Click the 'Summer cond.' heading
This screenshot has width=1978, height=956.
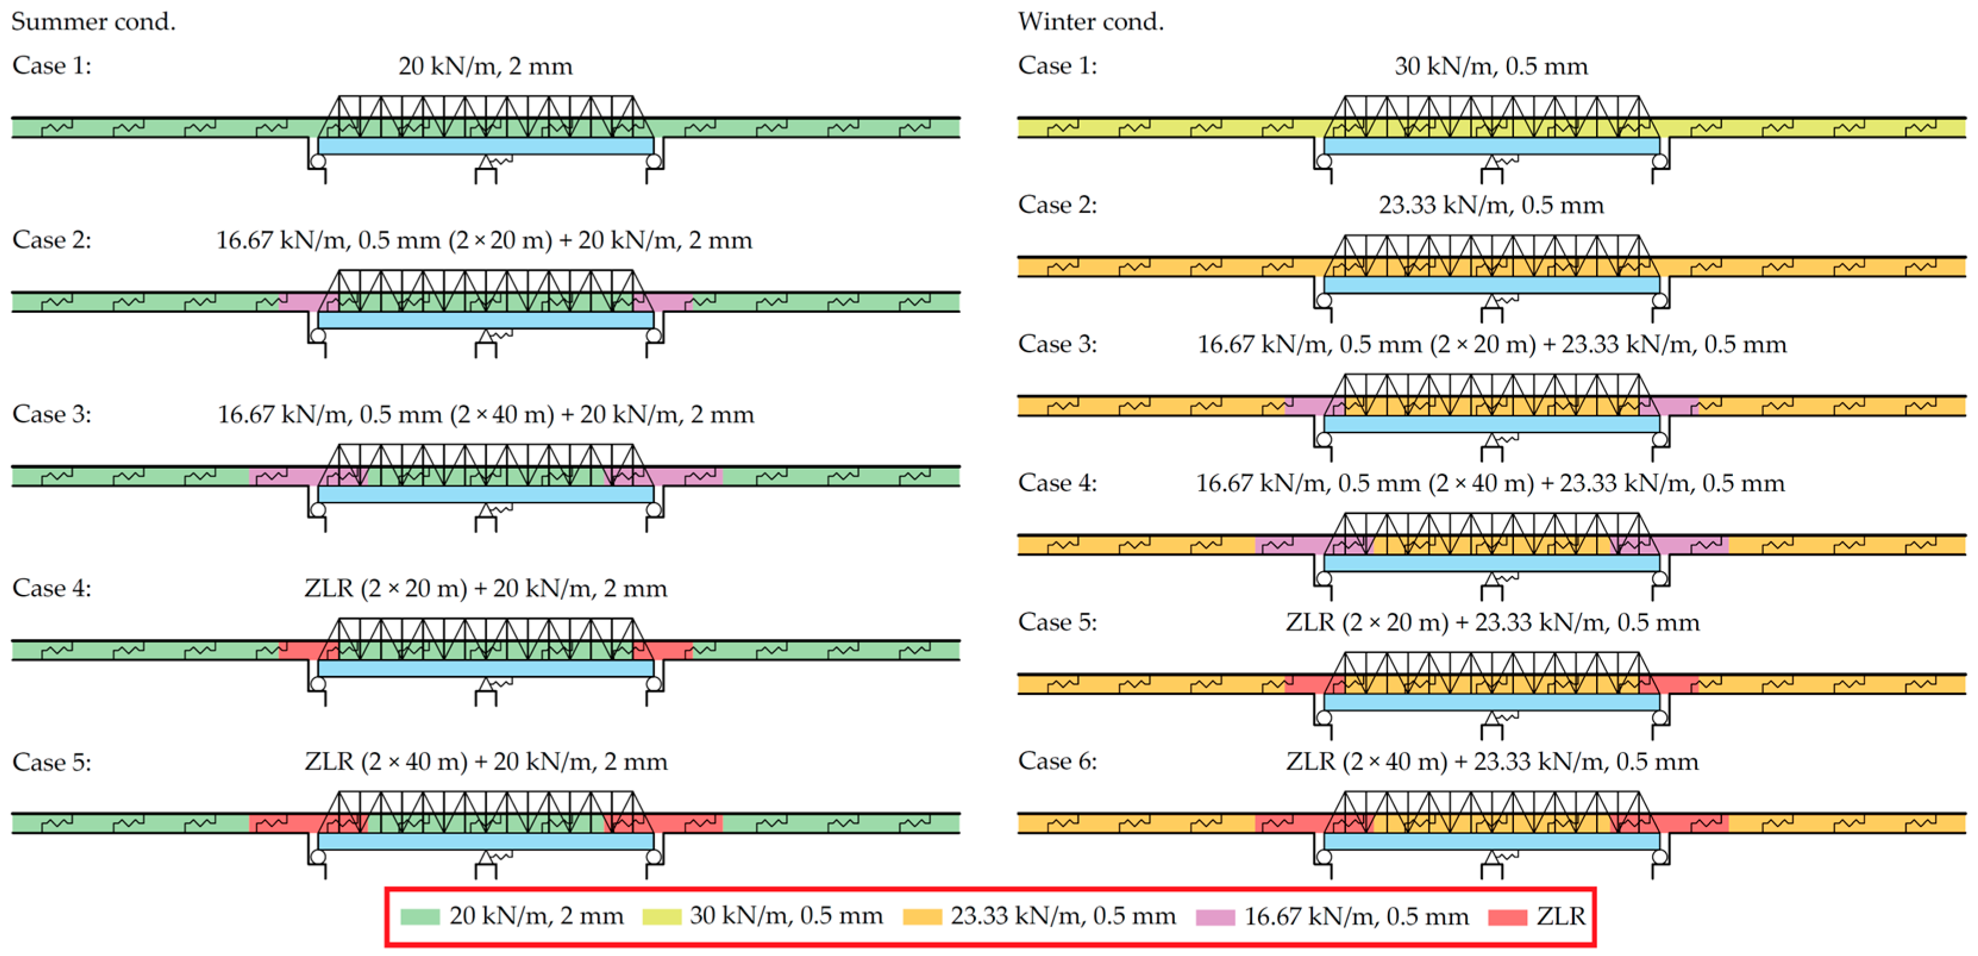pos(93,21)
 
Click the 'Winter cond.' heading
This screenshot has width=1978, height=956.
pos(1090,21)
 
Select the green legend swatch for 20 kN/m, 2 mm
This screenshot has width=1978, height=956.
pos(419,916)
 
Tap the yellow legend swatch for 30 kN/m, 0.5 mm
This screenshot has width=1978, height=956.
pos(661,916)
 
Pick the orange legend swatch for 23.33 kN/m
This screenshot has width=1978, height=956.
pos(921,916)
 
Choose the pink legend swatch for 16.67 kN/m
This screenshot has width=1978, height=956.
pos(1215,916)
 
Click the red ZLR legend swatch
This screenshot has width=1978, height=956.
pos(1506,916)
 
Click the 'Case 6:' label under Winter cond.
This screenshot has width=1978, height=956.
pos(1057,761)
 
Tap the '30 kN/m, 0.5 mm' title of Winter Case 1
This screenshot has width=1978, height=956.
pos(1490,66)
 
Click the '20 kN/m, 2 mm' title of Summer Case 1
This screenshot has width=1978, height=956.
pos(485,66)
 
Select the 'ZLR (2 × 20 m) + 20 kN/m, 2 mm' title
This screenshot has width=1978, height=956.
pos(485,588)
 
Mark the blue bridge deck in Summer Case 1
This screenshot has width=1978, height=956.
pos(485,146)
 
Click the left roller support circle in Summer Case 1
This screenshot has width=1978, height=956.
pos(318,161)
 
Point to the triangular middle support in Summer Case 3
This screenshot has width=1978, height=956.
pos(485,510)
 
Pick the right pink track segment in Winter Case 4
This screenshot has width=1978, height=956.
pos(1689,545)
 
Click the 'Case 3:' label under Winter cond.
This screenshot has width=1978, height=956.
pos(1057,344)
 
